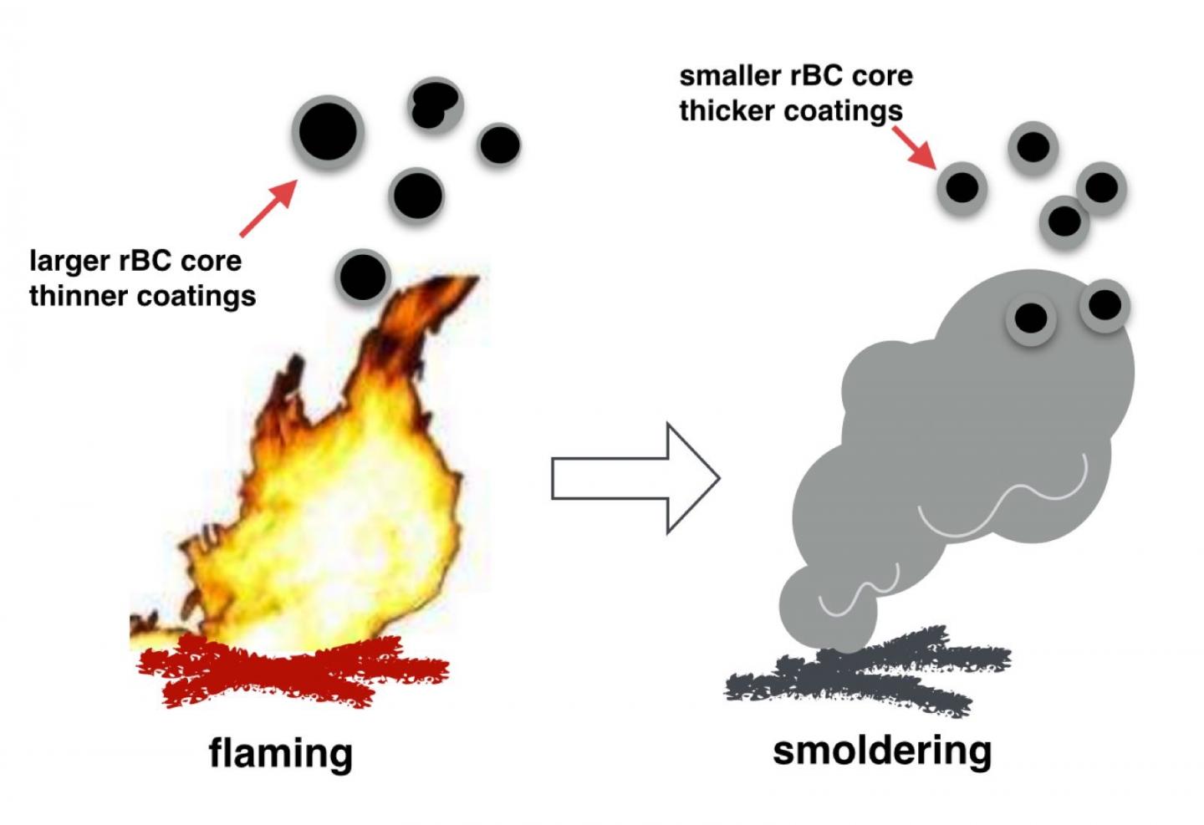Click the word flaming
(280, 752)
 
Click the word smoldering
(882, 750)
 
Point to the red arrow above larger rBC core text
(268, 208)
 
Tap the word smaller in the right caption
(730, 76)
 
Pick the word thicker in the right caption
(726, 111)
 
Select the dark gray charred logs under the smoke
(870, 673)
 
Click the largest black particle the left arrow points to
(328, 132)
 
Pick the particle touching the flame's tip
(364, 276)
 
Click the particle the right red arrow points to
(962, 187)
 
